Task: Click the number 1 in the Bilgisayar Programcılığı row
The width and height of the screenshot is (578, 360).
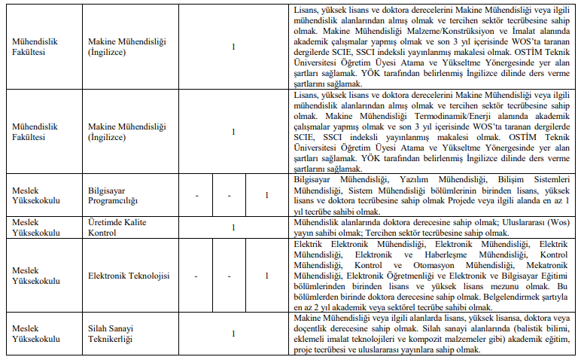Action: [x=266, y=196]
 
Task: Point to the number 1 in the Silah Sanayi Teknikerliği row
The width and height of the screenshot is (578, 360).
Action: [x=233, y=334]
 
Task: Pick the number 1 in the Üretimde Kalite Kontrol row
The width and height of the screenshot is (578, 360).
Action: [x=233, y=227]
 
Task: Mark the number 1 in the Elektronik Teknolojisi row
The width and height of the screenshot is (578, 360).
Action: [x=266, y=276]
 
